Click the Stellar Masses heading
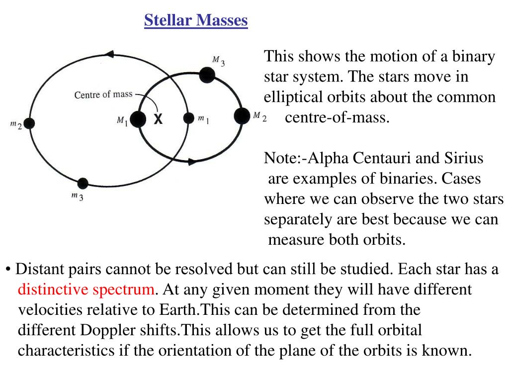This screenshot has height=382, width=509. (x=196, y=20)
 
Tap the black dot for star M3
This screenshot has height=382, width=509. (x=207, y=75)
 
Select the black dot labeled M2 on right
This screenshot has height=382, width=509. (x=242, y=116)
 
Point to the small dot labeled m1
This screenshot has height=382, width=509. (x=188, y=118)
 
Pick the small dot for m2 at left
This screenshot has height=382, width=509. (x=29, y=123)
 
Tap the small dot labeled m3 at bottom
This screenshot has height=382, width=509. (x=83, y=184)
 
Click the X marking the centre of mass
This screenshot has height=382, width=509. (x=158, y=119)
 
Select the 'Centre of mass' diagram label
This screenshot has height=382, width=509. (x=103, y=95)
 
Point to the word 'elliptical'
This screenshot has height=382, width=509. (x=292, y=97)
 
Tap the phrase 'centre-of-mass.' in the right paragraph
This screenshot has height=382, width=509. (x=338, y=118)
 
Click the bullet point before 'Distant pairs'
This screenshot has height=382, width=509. (x=8, y=269)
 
